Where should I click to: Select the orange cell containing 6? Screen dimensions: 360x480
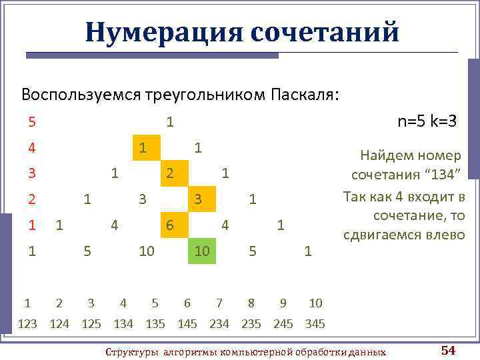click(171, 225)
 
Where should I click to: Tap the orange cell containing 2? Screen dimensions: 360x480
click(171, 173)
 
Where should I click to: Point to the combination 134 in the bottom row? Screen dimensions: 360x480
click(123, 324)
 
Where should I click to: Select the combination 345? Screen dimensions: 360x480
click(315, 324)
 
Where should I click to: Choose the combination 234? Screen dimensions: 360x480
click(219, 324)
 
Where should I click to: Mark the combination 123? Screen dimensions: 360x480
click(27, 324)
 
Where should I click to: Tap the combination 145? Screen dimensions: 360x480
click(187, 324)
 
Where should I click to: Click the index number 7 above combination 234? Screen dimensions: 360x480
click(219, 303)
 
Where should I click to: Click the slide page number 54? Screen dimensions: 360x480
click(448, 350)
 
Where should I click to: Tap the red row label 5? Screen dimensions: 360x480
click(32, 122)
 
